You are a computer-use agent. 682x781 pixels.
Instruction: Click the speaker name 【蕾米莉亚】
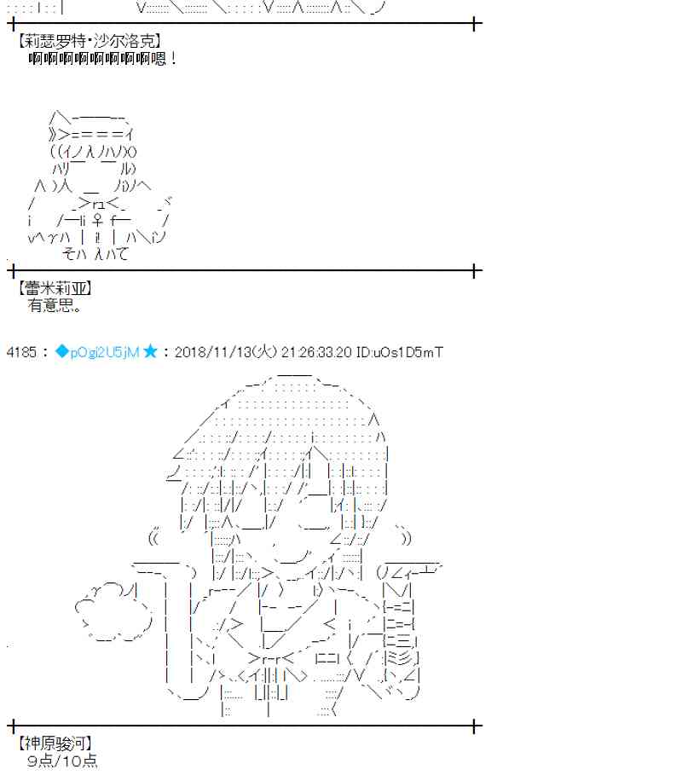coord(54,289)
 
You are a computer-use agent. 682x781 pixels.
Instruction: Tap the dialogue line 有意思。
coord(55,305)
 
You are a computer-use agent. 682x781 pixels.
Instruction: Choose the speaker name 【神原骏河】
coord(54,743)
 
